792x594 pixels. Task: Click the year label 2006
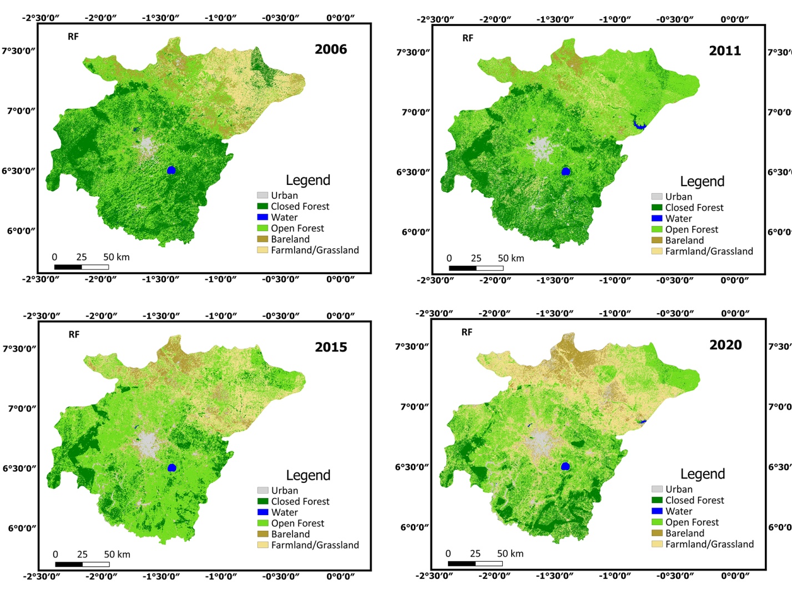coord(331,49)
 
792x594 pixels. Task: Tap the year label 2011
coord(725,51)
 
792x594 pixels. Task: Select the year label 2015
coord(331,347)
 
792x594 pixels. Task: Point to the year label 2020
coord(725,345)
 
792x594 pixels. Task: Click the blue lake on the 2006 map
coord(171,170)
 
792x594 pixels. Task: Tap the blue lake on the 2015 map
coord(172,467)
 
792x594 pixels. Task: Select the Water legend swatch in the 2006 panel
coord(263,217)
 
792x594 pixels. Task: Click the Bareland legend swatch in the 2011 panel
coord(657,240)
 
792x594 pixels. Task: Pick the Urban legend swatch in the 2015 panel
coord(263,490)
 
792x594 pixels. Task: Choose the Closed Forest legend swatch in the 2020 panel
coord(657,500)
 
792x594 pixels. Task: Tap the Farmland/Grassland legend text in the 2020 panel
coord(709,544)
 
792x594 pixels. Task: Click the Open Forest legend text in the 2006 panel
coord(297,228)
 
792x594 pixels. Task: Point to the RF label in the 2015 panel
coord(74,335)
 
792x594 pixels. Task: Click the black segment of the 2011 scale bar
coord(462,268)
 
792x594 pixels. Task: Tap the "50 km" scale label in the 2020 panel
coord(510,553)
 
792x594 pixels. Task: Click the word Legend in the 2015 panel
coord(308,475)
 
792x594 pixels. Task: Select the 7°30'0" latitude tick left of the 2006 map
coord(18,51)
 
